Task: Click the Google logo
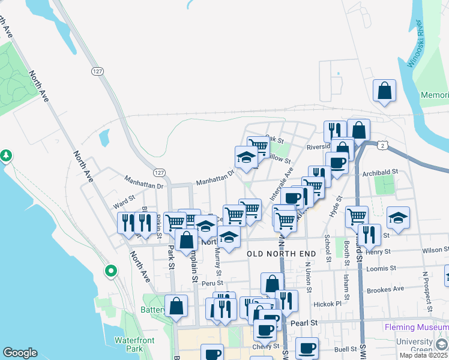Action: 20,353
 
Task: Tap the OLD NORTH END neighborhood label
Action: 282,254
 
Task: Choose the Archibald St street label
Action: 380,172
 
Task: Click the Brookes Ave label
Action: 400,289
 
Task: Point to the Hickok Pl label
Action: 327,304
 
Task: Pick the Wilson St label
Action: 435,250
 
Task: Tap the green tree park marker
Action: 6,155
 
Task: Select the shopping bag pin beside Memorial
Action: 384,91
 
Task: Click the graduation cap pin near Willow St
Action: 246,157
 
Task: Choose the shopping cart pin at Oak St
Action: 258,146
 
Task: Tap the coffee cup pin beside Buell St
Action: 307,348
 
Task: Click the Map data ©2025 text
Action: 424,355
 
